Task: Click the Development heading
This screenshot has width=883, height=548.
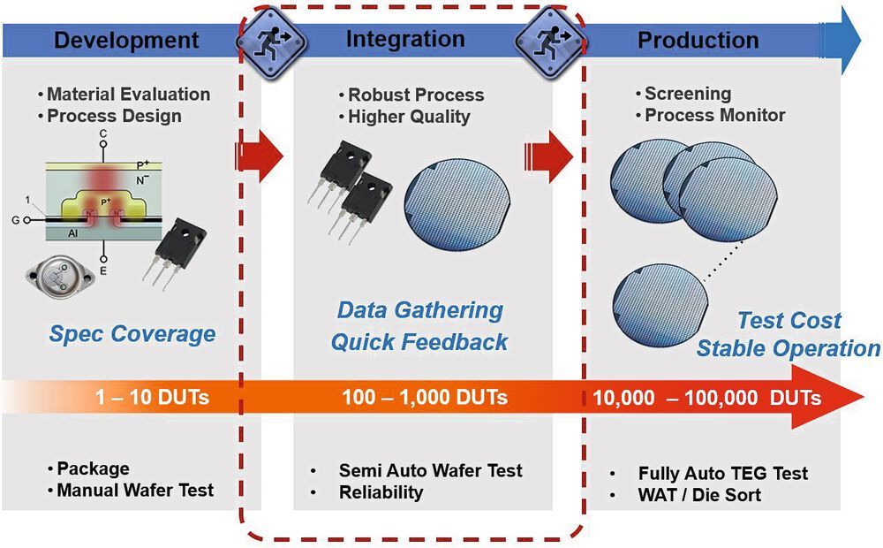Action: [x=126, y=40]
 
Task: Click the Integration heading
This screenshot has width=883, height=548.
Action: [x=405, y=39]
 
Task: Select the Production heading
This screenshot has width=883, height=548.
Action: [x=698, y=40]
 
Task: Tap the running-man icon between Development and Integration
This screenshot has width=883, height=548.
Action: [x=272, y=39]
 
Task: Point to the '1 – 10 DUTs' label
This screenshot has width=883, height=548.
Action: [x=153, y=398]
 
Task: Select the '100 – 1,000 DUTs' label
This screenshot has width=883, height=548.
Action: [x=425, y=398]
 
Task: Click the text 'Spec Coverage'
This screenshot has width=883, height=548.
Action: [x=132, y=333]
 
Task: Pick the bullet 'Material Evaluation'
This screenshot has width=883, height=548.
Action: [x=128, y=94]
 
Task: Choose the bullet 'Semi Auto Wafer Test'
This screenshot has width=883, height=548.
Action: [x=430, y=470]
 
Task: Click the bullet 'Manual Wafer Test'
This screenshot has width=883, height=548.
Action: [x=134, y=490]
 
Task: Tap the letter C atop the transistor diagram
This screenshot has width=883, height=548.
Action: [x=103, y=133]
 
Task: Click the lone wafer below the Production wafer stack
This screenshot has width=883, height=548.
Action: [x=658, y=311]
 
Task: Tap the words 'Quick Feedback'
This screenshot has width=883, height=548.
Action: [x=419, y=342]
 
